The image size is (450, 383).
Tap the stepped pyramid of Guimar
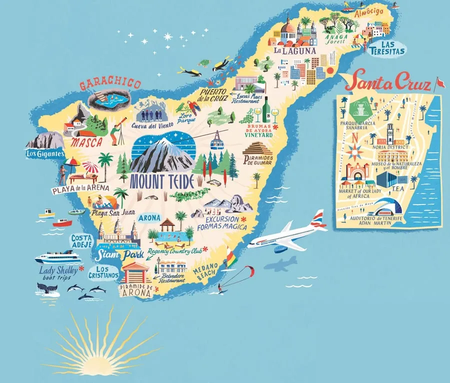click(x=257, y=149)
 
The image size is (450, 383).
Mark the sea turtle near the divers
click(x=203, y=63)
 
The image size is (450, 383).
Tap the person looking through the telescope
click(x=116, y=132)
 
